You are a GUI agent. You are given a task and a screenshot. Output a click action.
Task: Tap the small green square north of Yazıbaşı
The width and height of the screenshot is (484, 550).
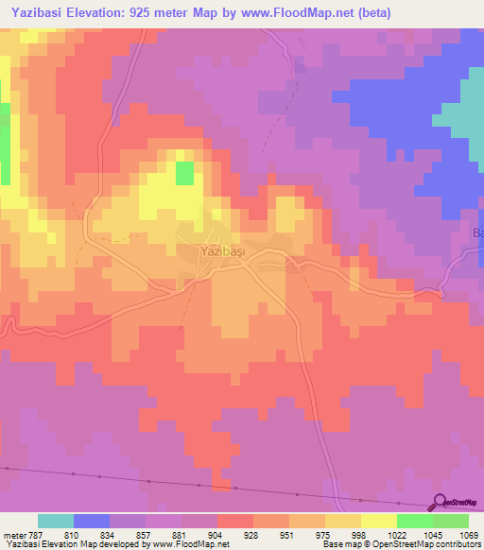tap(184, 172)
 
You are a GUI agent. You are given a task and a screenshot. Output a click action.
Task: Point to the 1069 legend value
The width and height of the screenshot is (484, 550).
tap(467, 533)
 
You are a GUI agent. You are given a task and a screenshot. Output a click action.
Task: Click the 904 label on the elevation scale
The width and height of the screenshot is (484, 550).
tap(216, 533)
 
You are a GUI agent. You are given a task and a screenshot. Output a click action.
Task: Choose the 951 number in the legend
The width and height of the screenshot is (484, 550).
tap(289, 533)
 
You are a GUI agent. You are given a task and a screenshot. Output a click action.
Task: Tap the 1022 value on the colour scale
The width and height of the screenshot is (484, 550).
tap(395, 533)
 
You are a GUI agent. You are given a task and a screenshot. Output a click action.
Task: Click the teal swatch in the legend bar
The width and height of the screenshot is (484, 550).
tap(56, 521)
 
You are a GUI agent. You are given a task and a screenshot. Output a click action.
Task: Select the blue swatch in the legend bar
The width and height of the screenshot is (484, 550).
tap(92, 521)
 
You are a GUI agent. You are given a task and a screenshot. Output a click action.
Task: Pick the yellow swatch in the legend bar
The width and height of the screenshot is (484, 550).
tap(379, 521)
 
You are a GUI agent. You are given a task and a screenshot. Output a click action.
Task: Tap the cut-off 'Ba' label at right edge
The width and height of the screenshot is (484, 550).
tap(477, 232)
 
